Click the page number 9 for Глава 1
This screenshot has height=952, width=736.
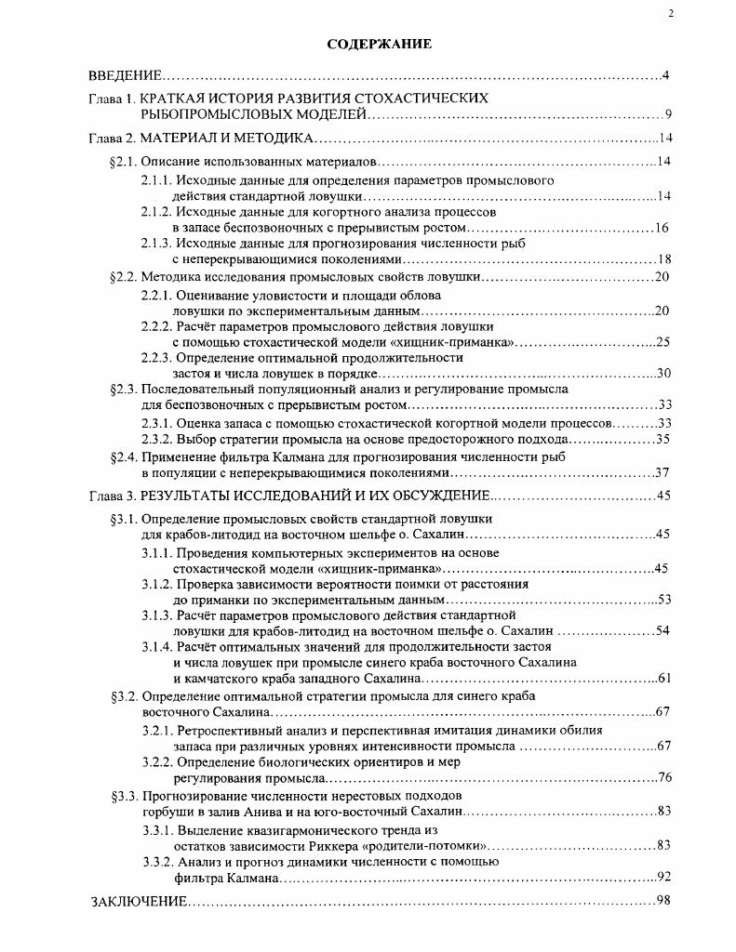click(x=668, y=115)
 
